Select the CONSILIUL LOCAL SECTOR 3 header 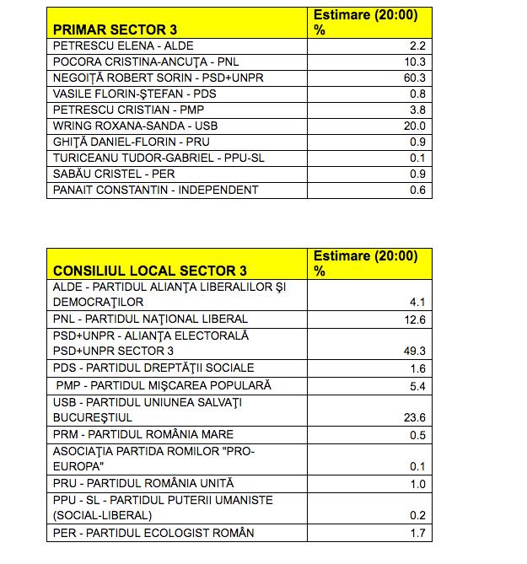pyautogui.click(x=150, y=271)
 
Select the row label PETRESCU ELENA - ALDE pyautogui.click(x=116, y=46)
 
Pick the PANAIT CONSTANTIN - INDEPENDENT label pyautogui.click(x=155, y=190)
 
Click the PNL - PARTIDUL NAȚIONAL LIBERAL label pyautogui.click(x=150, y=319)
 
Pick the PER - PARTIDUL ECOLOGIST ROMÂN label pyautogui.click(x=153, y=532)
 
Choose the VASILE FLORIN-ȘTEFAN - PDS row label pyautogui.click(x=134, y=94)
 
